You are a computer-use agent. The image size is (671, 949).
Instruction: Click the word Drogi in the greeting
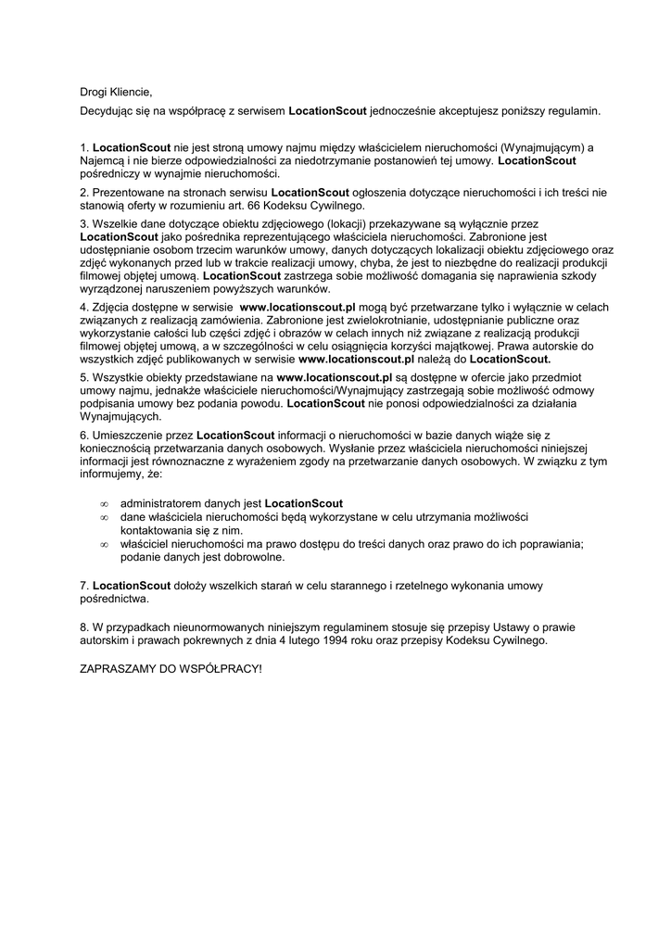tap(94, 92)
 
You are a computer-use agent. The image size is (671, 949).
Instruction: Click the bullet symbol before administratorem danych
tap(103, 503)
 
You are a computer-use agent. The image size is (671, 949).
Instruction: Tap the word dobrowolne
tap(253, 558)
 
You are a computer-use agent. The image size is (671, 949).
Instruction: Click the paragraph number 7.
tap(84, 586)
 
